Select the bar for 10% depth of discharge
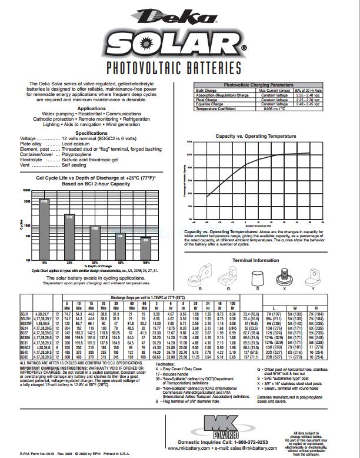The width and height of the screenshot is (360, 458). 44,229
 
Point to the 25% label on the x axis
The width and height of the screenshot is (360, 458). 69,262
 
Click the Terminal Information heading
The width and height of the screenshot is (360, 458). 256,260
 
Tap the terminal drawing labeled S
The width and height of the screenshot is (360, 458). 258,277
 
